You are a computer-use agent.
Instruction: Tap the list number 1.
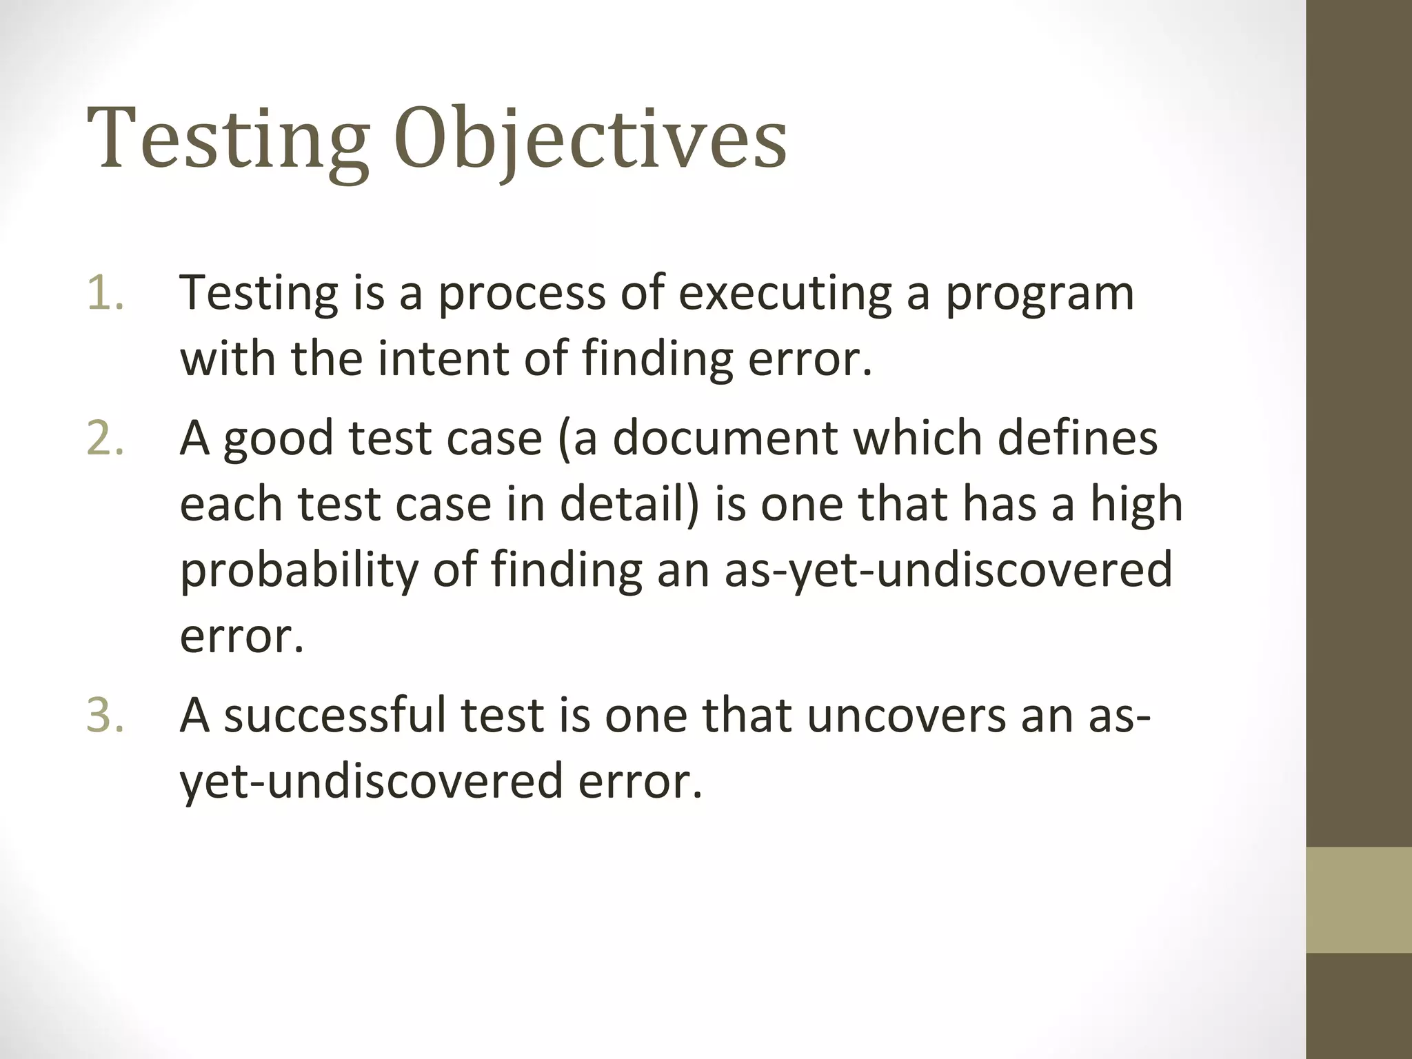pos(105,292)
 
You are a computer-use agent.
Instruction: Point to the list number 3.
pos(105,716)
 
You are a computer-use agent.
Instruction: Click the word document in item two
pos(727,438)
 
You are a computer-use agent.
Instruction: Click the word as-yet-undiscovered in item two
pos(948,571)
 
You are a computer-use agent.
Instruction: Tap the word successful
pos(335,716)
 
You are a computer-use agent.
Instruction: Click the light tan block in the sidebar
pos(1359,900)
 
